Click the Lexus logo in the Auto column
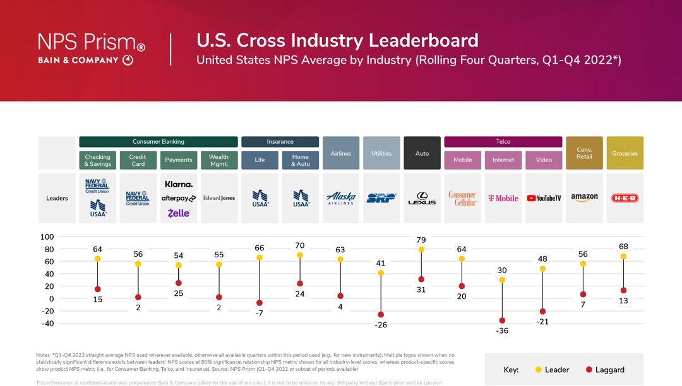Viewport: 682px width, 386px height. click(422, 198)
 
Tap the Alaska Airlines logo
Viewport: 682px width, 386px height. click(341, 198)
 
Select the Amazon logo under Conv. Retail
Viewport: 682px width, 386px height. click(584, 197)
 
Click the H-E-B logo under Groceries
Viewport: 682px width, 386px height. click(625, 198)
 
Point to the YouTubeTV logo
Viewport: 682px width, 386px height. click(544, 198)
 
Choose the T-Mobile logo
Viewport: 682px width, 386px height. click(503, 198)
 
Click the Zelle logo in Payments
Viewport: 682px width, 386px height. click(179, 213)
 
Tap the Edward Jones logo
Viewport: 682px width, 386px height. click(219, 198)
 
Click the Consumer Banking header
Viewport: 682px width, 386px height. click(159, 142)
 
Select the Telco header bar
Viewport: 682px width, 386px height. click(503, 142)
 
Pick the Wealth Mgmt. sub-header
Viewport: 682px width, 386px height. click(219, 160)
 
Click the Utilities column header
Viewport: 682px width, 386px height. click(381, 153)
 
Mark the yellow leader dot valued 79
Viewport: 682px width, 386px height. click(421, 250)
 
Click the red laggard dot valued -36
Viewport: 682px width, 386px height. click(502, 320)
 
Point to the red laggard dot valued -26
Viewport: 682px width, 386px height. click(381, 315)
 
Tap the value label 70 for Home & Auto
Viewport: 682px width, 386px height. click(300, 245)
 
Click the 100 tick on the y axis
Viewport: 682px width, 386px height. click(47, 237)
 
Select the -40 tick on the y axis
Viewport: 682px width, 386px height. click(47, 324)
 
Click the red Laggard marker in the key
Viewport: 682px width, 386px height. click(589, 370)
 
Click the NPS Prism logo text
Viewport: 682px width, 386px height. click(92, 42)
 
